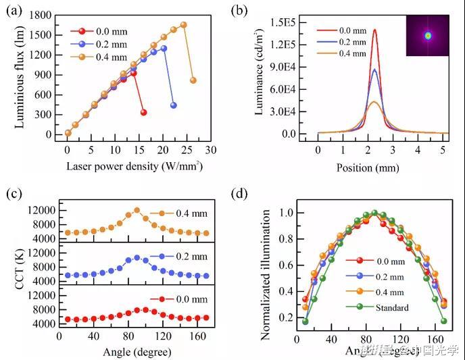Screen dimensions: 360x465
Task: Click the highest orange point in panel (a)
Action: [x=183, y=25]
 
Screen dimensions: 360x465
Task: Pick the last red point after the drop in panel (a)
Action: [x=143, y=112]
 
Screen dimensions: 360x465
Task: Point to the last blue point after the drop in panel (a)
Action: [x=174, y=105]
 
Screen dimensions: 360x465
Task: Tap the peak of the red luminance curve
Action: [x=374, y=30]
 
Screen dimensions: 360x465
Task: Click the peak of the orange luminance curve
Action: [x=374, y=102]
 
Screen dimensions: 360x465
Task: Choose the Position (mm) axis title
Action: [x=374, y=165]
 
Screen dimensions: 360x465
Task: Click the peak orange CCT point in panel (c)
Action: [x=137, y=210]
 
